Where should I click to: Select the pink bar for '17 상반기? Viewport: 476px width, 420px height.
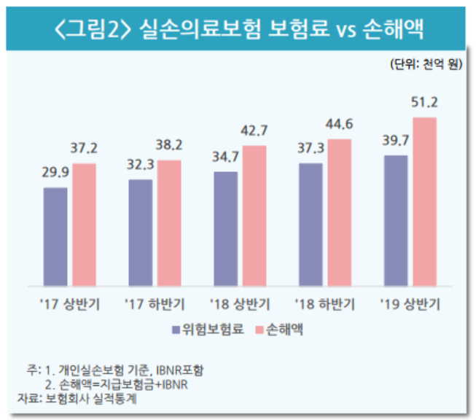click(84, 224)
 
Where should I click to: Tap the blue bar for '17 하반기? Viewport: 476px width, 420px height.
click(140, 231)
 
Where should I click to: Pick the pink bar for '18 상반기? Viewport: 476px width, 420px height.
click(254, 214)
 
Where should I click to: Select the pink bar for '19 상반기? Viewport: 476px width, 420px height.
click(424, 201)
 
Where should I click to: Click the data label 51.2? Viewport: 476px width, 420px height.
click(424, 101)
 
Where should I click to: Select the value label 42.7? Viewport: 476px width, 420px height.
click(254, 131)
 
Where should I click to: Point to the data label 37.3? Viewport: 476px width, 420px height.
click(311, 149)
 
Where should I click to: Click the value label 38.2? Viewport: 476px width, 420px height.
click(169, 145)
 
